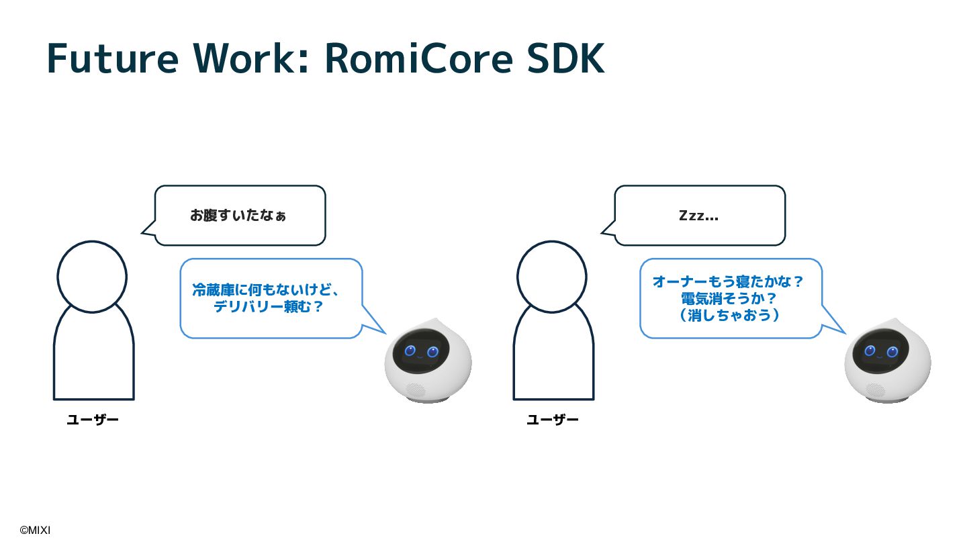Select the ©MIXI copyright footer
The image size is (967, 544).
(x=35, y=531)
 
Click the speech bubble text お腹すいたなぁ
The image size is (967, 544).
(x=238, y=216)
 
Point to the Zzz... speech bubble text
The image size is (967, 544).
(x=698, y=216)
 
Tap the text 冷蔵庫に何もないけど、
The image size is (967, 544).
(x=266, y=290)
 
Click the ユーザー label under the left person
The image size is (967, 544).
(x=93, y=420)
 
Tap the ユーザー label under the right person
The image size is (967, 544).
(x=553, y=420)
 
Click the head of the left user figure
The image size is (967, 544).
(x=92, y=277)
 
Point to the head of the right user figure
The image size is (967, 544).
(x=552, y=277)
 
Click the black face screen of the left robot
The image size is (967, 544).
(x=421, y=351)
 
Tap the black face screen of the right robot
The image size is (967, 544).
(x=881, y=351)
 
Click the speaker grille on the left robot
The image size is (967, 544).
(x=414, y=390)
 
